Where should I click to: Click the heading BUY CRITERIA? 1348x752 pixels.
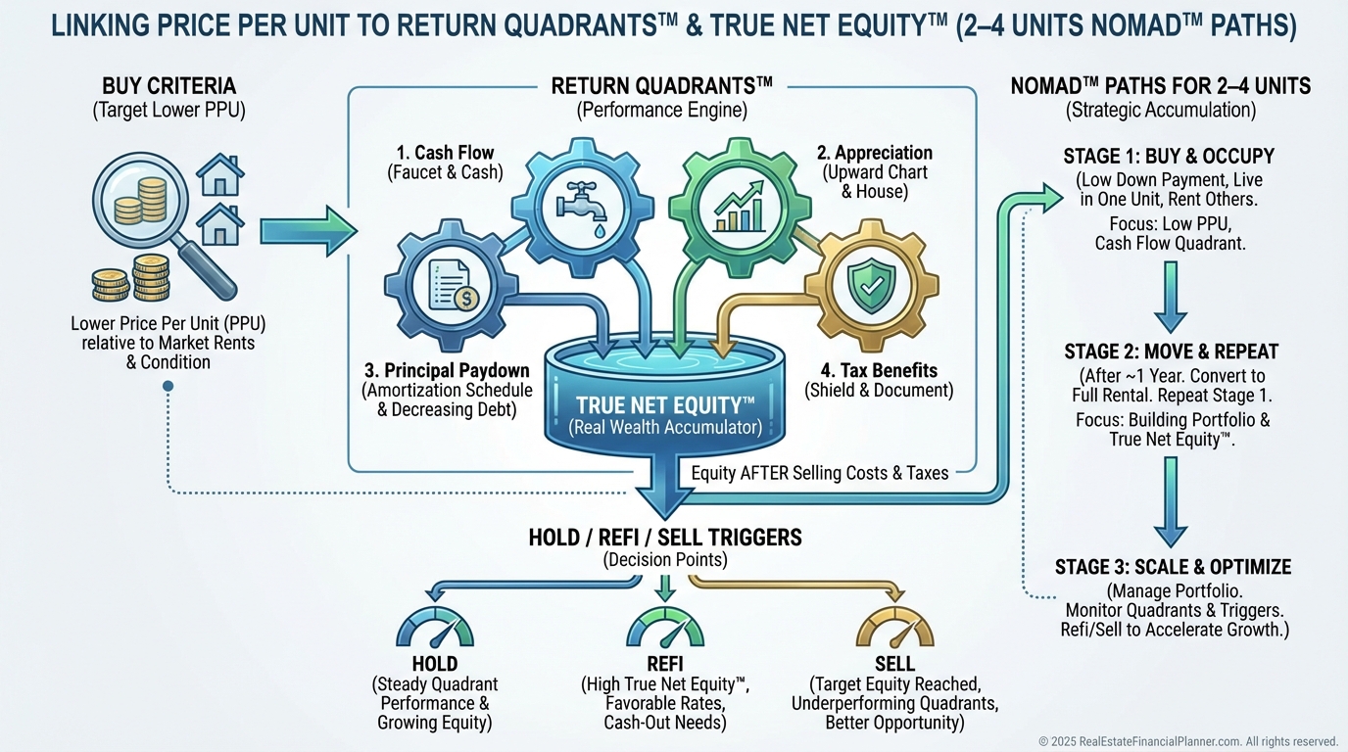coord(168,86)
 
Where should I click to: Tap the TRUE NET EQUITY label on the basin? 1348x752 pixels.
coord(665,405)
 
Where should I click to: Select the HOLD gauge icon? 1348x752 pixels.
coord(435,629)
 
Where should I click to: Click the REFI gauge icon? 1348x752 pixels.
coord(665,629)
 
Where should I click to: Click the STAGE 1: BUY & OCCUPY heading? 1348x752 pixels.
coord(1169,157)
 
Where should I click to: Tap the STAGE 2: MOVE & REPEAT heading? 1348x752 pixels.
coord(1169,352)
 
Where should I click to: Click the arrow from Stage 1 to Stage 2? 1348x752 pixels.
coord(1170,305)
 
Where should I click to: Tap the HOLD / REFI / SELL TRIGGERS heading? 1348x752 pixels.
coord(664,537)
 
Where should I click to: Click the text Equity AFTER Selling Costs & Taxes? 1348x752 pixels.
coord(820,473)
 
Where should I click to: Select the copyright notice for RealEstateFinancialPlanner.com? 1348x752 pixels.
coord(1187,741)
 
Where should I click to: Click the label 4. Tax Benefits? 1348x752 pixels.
coord(878,370)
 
